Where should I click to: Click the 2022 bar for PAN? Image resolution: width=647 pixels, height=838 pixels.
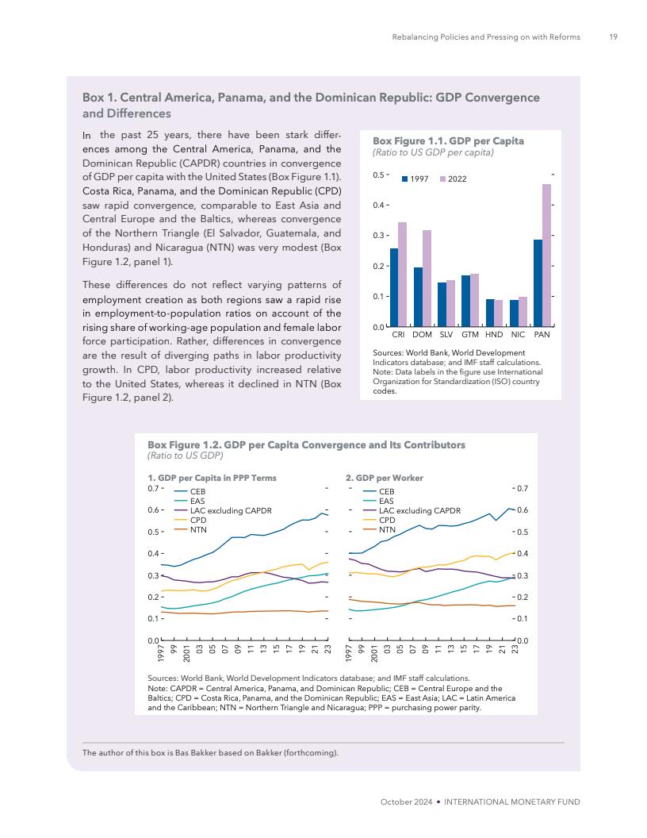pyautogui.click(x=546, y=255)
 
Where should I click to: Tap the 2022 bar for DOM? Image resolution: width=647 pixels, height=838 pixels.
pyautogui.click(x=427, y=278)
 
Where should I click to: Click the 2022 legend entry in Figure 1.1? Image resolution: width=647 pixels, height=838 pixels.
pyautogui.click(x=452, y=179)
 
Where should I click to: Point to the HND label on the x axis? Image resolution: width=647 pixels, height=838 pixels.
pyautogui.click(x=494, y=335)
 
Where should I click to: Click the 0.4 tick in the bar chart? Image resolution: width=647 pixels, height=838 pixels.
pyautogui.click(x=381, y=206)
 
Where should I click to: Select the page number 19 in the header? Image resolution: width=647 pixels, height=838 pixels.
pyautogui.click(x=613, y=37)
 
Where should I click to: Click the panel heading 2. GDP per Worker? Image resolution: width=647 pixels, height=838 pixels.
pyautogui.click(x=385, y=478)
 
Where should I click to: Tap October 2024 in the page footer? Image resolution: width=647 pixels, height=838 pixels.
pyautogui.click(x=407, y=802)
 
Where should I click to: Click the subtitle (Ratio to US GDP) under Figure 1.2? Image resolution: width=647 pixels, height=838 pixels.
pyautogui.click(x=186, y=456)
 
